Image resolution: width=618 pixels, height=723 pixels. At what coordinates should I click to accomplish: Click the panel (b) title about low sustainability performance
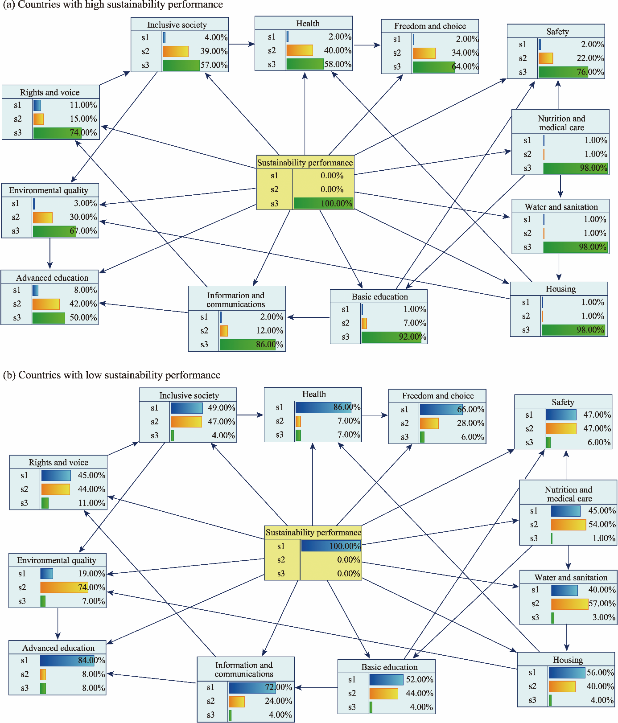112,375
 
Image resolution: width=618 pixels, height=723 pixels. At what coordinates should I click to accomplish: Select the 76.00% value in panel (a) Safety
591,72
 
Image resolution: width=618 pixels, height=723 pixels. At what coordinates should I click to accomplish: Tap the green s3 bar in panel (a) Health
305,64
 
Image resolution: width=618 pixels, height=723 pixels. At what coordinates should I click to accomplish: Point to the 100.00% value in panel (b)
345,546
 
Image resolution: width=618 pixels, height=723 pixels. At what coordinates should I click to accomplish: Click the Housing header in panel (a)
560,289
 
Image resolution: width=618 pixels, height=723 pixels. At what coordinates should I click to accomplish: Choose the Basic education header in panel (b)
389,667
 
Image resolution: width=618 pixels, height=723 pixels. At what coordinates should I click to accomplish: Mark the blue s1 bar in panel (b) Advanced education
66,660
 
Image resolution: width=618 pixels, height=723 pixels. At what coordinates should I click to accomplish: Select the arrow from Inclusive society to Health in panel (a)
241,44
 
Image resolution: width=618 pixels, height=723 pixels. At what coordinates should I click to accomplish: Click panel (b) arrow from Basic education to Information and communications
317,688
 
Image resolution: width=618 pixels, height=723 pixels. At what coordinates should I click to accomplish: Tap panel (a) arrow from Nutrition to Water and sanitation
560,186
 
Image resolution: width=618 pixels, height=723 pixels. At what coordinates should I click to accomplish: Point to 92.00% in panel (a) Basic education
412,337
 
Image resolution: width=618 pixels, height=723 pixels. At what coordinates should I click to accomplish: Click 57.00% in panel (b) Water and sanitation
602,604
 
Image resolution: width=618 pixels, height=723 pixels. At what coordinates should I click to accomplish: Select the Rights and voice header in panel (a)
49,92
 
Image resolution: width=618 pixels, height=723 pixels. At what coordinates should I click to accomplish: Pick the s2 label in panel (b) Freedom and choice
404,423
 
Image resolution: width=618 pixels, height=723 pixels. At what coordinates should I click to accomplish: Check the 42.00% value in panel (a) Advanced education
83,304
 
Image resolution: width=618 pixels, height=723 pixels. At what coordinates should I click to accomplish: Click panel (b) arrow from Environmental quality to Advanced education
58,624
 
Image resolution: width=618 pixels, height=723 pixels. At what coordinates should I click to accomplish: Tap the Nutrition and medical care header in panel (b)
569,494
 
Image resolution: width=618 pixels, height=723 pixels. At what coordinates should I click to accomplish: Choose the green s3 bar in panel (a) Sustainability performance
323,203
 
